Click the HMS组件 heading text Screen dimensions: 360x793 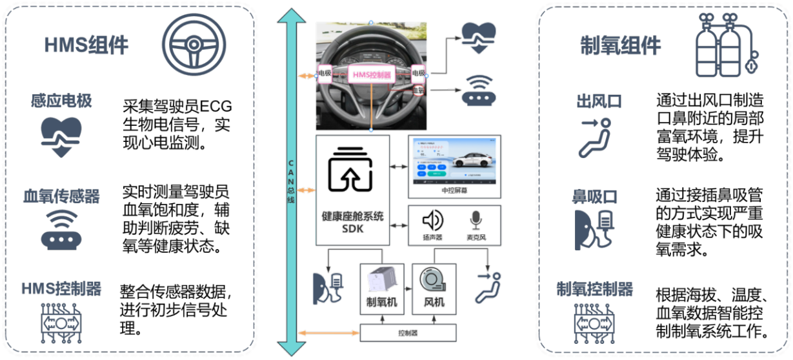(x=86, y=45)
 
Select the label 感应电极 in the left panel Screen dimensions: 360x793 (x=61, y=101)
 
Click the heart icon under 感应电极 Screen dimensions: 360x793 (x=61, y=136)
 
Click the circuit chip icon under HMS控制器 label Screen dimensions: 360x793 (x=61, y=321)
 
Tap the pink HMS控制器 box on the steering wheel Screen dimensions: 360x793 (x=371, y=74)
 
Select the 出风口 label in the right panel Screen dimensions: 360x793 (x=599, y=102)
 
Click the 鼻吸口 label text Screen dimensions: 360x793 (x=595, y=196)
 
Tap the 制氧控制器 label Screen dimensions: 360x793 (x=594, y=289)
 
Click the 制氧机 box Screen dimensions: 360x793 (x=381, y=289)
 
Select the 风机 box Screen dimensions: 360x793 (x=433, y=289)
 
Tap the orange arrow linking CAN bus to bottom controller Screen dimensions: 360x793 (x=329, y=332)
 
